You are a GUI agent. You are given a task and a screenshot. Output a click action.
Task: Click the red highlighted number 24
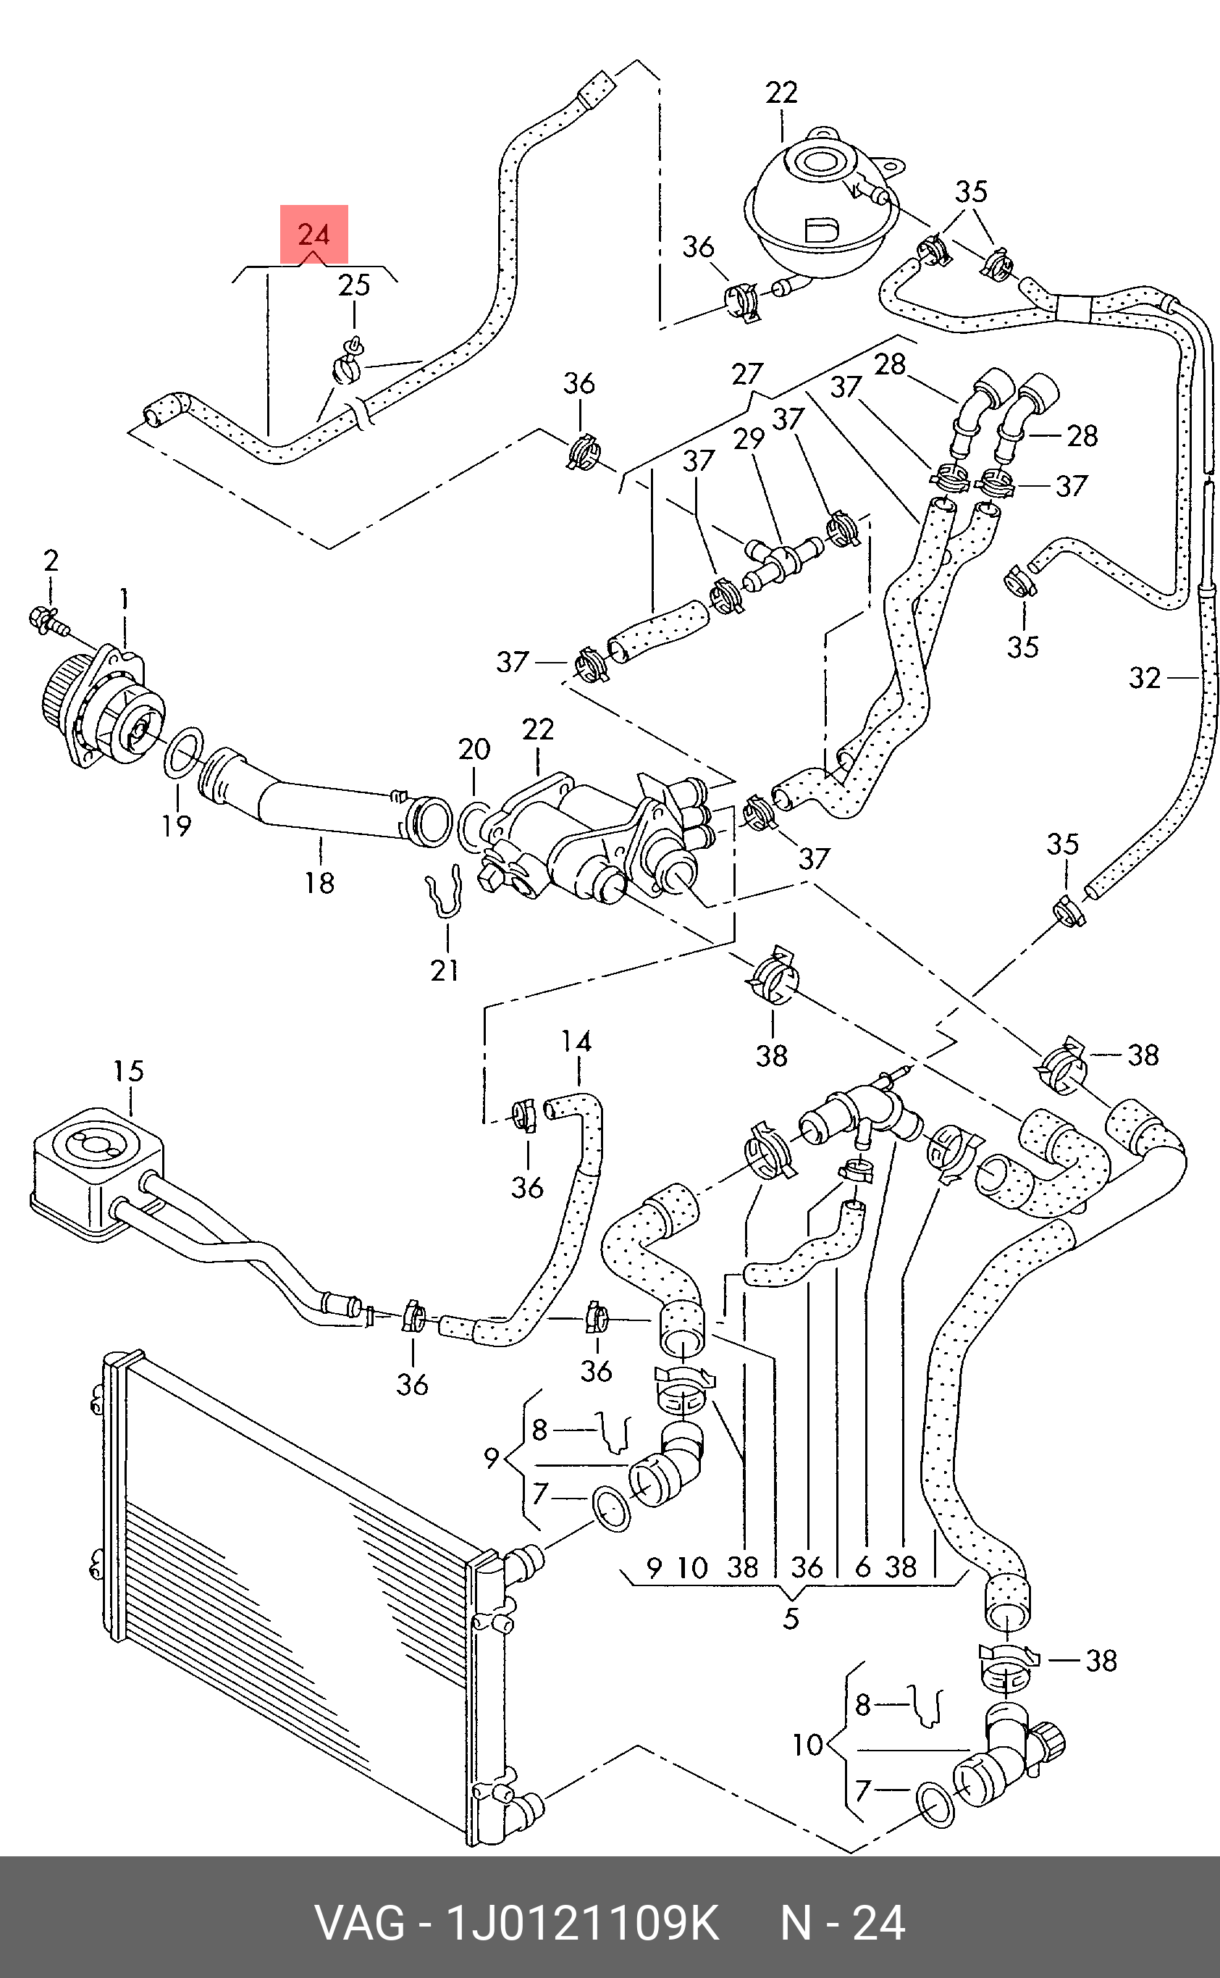[x=314, y=234]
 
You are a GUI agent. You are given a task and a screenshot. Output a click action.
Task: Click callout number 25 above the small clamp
[x=354, y=285]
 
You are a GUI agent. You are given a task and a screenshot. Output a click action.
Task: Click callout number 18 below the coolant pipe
[x=319, y=882]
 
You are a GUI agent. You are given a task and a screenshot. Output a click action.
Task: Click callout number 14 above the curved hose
[x=576, y=1041]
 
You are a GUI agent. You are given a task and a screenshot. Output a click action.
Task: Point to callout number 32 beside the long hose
[x=1145, y=678]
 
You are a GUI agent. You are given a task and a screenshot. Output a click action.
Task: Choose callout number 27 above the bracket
[x=747, y=374]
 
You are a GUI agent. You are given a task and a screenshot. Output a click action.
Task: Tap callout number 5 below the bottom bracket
[x=791, y=1618]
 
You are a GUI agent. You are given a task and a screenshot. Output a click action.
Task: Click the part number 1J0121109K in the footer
[x=581, y=1923]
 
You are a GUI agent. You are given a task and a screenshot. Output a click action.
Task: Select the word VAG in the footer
[x=360, y=1923]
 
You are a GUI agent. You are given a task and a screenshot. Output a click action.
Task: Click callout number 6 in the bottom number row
[x=862, y=1567]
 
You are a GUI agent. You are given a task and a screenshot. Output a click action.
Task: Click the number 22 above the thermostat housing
[x=538, y=729]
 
